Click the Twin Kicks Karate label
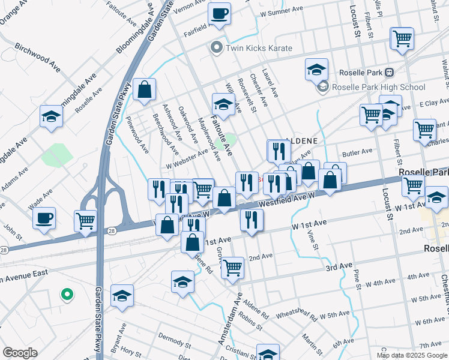click(259, 48)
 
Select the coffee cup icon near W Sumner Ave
click(219, 13)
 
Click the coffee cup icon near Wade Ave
click(44, 218)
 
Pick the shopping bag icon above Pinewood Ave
click(144, 90)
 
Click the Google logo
click(20, 353)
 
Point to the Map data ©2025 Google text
click(411, 355)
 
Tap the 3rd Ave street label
click(339, 266)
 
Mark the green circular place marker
click(67, 295)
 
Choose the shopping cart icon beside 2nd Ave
click(232, 267)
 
